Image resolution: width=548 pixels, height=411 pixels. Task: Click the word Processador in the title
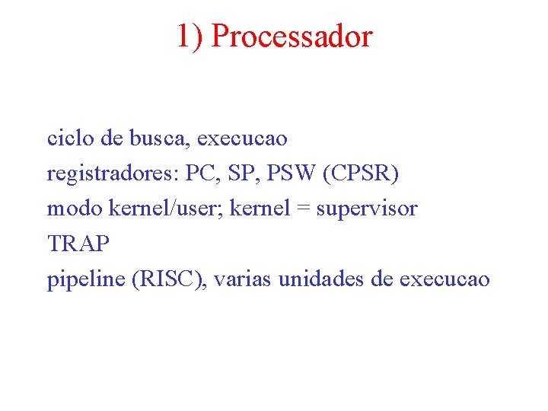292,36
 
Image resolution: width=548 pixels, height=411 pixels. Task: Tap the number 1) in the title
190,36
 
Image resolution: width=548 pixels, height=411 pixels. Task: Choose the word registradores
111,174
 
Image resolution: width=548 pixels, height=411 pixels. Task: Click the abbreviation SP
244,173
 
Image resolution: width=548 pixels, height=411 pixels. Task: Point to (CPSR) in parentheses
361,174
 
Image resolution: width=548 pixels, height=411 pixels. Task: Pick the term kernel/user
160,208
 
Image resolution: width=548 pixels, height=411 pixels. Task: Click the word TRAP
78,244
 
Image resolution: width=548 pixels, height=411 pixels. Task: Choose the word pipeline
86,279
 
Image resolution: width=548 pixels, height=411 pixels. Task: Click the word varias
243,279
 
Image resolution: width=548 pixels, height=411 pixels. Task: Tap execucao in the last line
444,279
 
